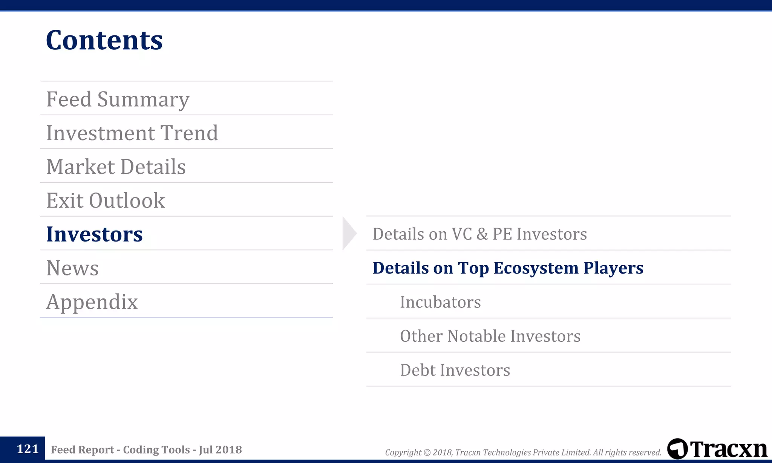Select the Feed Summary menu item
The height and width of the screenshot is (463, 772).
click(x=118, y=99)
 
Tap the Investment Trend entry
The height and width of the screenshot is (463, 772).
click(x=132, y=133)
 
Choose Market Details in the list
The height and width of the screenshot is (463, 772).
click(x=116, y=167)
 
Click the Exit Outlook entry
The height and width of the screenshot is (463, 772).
click(x=106, y=200)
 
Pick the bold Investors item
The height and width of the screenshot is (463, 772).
click(x=94, y=234)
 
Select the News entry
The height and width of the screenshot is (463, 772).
click(x=72, y=268)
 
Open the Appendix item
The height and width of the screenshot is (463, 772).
click(x=92, y=302)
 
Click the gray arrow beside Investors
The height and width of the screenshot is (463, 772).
click(x=349, y=233)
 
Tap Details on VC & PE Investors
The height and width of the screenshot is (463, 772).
click(x=479, y=234)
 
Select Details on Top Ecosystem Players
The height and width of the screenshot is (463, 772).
click(x=508, y=268)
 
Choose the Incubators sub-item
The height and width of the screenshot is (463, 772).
click(x=440, y=302)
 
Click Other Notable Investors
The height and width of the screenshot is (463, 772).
click(x=490, y=336)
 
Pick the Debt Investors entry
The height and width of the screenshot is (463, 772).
click(x=455, y=370)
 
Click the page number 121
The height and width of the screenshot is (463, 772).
click(x=28, y=449)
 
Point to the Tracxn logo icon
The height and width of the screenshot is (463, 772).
click(x=677, y=449)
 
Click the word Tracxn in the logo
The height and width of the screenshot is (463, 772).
click(x=729, y=449)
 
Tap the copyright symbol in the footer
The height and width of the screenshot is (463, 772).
click(x=427, y=452)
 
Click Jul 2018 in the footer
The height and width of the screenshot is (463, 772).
click(x=220, y=449)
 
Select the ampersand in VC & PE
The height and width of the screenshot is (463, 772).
click(x=482, y=234)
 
